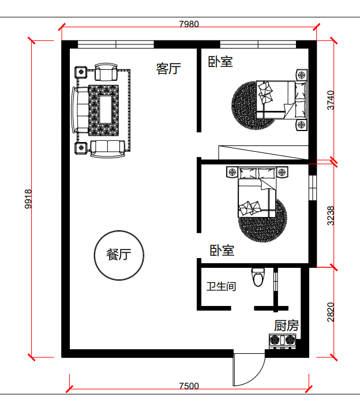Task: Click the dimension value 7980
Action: point(189,24)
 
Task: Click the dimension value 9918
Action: point(28,199)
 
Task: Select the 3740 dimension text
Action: point(331,100)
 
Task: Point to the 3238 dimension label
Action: point(331,216)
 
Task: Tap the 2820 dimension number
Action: point(331,312)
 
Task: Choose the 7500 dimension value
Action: point(189,386)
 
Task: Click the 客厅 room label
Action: point(168,69)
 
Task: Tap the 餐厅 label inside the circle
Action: point(119,255)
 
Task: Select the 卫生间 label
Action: point(221,286)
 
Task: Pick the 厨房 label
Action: point(287,326)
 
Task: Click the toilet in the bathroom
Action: point(258,278)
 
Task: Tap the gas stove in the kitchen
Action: point(283,341)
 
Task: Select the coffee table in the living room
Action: point(106,110)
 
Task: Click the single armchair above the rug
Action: point(106,72)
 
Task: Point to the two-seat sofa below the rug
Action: point(107,149)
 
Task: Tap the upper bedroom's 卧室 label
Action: point(220,62)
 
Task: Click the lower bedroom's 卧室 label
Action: point(222,251)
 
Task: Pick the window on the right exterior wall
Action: point(313,188)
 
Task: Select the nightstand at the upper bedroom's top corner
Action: point(301,75)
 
